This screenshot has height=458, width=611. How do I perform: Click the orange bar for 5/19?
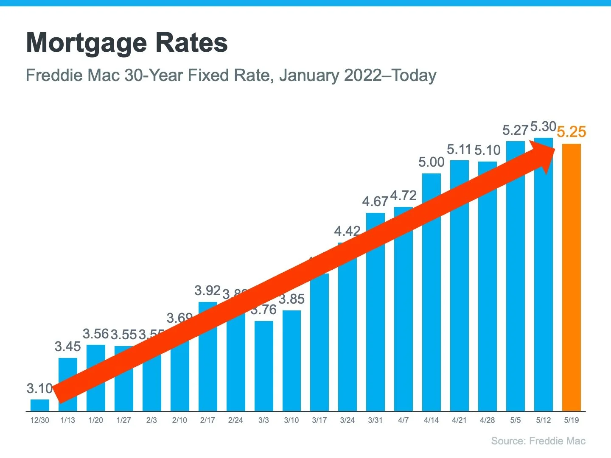tap(571, 278)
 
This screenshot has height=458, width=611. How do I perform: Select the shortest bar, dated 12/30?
tap(40, 405)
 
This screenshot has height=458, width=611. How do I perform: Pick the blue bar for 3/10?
tap(291, 360)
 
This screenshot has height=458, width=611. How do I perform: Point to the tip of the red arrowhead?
tap(555, 148)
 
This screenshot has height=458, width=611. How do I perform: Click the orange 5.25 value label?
tap(571, 132)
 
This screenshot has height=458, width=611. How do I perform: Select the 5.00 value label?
tap(431, 162)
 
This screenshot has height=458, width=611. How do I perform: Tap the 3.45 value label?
tap(67, 346)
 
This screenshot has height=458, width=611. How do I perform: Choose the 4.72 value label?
tap(403, 195)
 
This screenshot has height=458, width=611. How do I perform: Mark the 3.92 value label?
tap(207, 290)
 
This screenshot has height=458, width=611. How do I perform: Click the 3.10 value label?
tap(39, 388)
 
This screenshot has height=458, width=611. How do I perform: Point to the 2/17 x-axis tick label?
tap(207, 420)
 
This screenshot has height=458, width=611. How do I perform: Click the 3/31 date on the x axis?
tap(375, 420)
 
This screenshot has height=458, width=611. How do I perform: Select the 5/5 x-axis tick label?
tap(515, 420)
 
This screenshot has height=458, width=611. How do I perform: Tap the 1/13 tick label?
tap(67, 420)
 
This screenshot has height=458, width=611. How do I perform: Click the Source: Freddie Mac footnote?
tap(538, 441)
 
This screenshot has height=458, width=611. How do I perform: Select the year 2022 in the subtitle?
tap(363, 75)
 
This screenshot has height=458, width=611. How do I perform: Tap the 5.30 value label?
tap(543, 126)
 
